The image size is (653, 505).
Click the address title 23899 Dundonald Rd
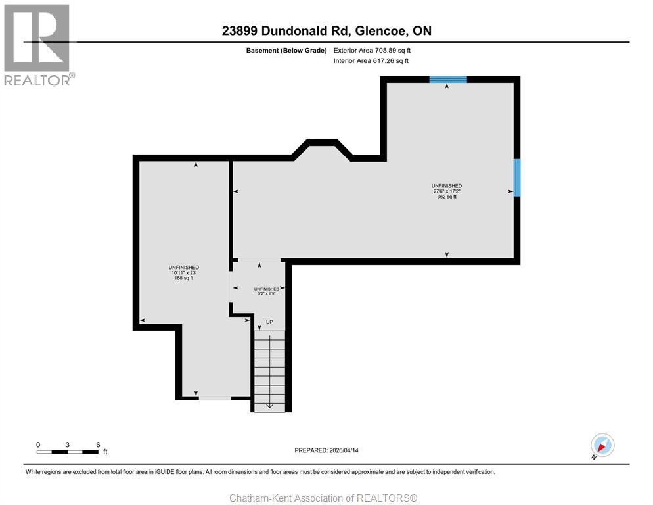point(326,31)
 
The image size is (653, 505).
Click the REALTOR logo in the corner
point(37,45)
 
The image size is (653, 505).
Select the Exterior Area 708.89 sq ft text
point(372,50)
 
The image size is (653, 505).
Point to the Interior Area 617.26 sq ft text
point(371,61)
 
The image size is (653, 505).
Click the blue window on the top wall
point(448,79)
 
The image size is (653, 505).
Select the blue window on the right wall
point(517,178)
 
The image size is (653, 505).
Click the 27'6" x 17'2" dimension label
point(447,191)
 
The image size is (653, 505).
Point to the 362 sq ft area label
point(447,197)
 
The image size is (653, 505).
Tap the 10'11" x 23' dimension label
point(183,273)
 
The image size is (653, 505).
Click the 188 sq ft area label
point(183,278)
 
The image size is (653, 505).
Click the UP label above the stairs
point(269,322)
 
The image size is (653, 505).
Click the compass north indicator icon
point(602,445)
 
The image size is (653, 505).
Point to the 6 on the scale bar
point(98,445)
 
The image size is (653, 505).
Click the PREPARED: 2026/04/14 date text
point(326,450)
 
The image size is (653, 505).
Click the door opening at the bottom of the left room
point(215,398)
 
